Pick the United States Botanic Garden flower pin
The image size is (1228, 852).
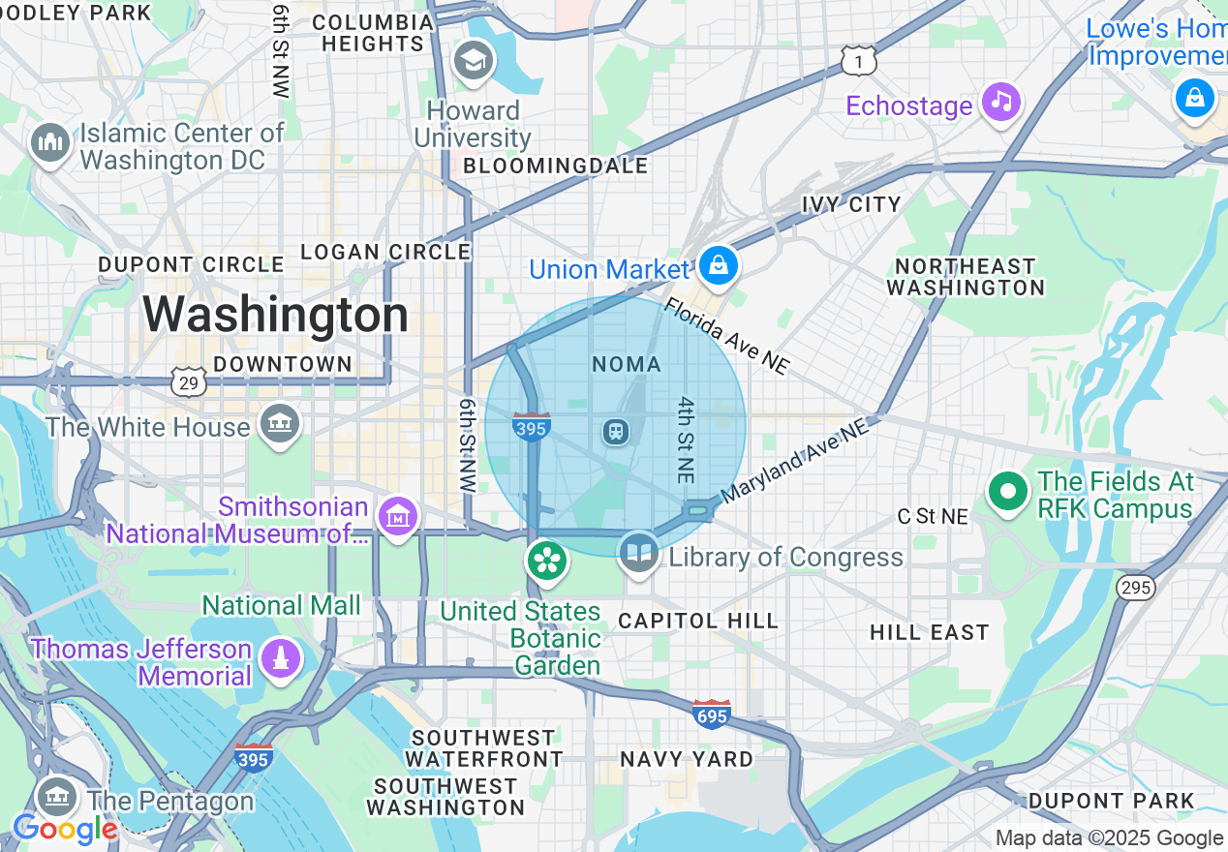(547, 561)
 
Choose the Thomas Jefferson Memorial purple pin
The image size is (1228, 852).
(281, 659)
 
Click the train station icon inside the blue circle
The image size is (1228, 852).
(615, 431)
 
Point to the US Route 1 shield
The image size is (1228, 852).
(858, 62)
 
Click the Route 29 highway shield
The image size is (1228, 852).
(189, 382)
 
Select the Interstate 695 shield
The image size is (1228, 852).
(711, 715)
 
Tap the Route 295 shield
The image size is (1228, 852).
(1134, 587)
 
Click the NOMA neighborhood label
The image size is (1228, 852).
(627, 365)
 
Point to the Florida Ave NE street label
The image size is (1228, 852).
(726, 336)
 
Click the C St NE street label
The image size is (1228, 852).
(933, 517)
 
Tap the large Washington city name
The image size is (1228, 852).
(276, 316)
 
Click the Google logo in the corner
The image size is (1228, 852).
(65, 829)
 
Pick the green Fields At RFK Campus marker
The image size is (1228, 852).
(1008, 492)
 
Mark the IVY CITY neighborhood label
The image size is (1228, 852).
(851, 205)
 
